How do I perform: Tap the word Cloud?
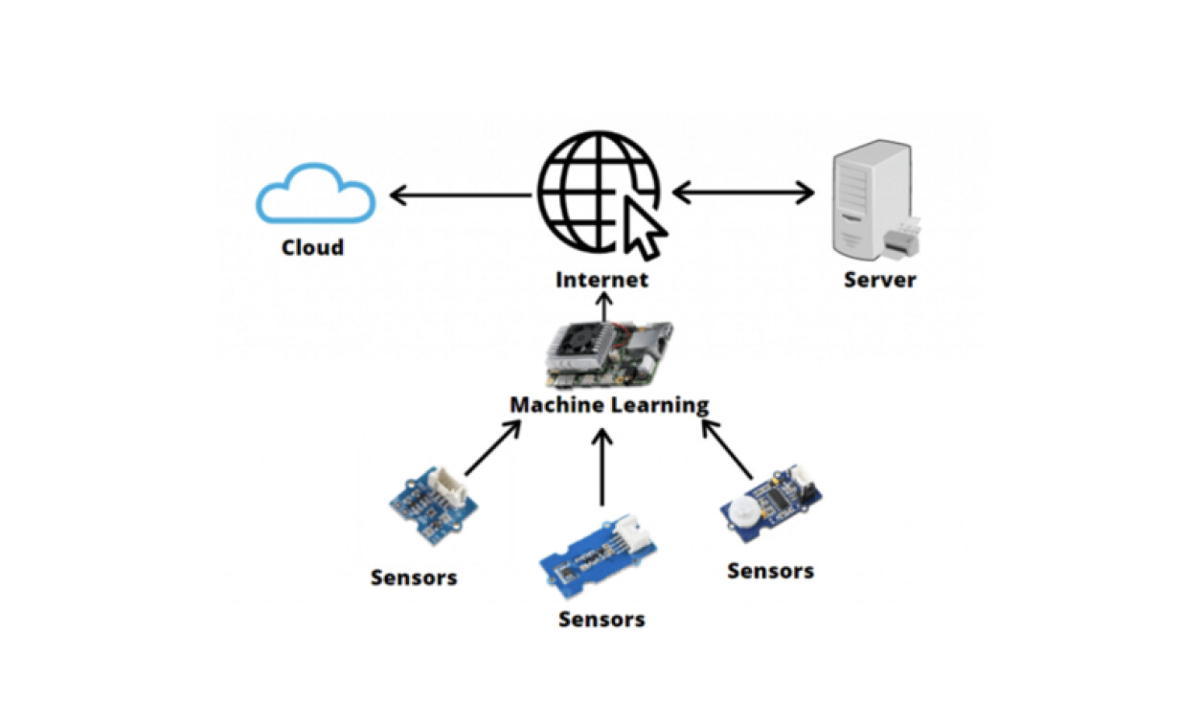click(312, 248)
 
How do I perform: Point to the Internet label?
click(602, 280)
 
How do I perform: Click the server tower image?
click(871, 200)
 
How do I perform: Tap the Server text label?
click(879, 280)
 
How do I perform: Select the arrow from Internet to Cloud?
click(460, 196)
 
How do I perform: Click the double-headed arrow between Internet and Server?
click(743, 193)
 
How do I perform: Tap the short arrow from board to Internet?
click(603, 307)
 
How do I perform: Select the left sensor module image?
click(434, 504)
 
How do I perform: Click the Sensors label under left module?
click(414, 577)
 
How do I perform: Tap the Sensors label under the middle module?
click(601, 619)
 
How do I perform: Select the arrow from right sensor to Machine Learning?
click(728, 449)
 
